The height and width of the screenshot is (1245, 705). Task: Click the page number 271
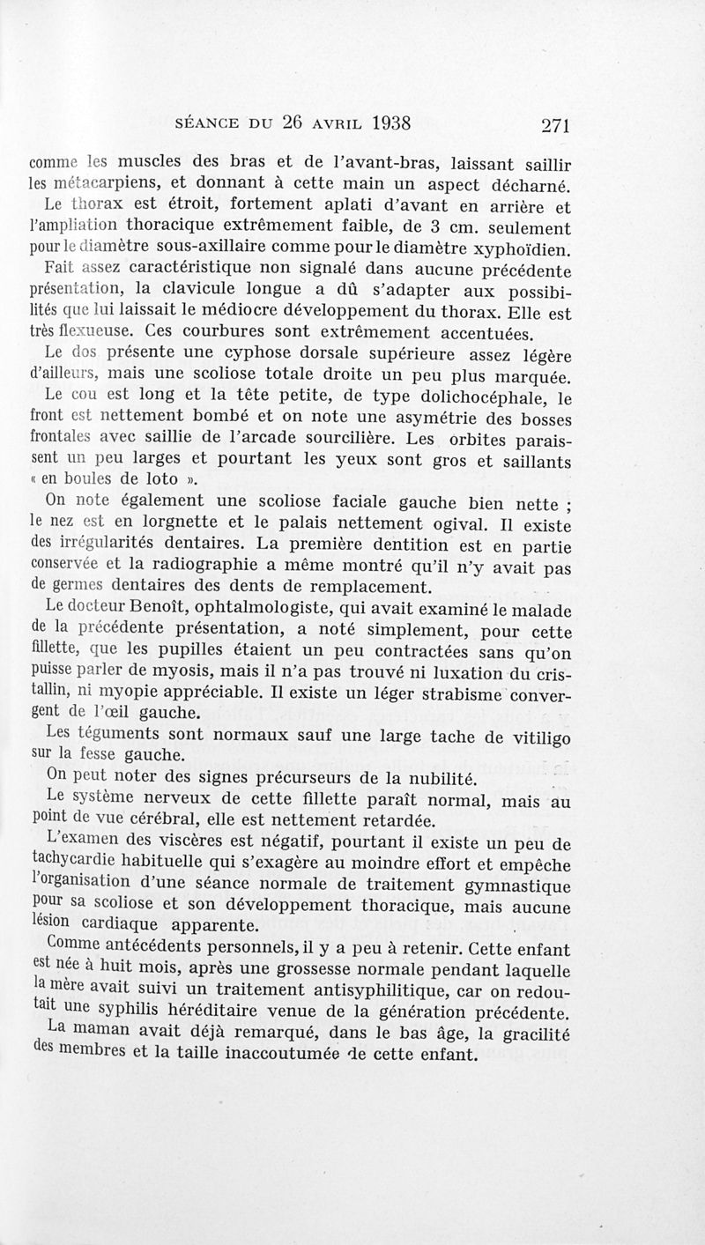tap(557, 124)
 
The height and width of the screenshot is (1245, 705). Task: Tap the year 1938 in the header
tap(380, 122)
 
